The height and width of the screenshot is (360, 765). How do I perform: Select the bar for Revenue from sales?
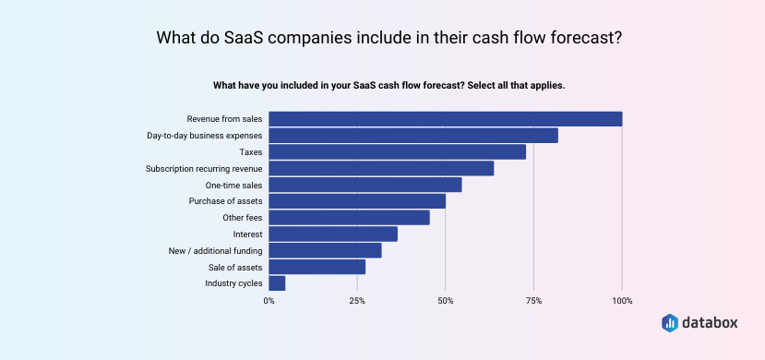446,119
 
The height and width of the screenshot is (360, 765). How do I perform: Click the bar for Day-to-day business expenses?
413,136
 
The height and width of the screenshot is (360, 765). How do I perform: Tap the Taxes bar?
397,151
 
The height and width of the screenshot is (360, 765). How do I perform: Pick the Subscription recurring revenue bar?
381,168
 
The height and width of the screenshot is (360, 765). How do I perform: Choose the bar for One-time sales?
365,185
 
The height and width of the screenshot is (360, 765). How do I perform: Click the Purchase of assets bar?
357,201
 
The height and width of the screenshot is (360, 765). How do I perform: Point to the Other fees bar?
349,218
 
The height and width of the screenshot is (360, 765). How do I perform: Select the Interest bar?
333,234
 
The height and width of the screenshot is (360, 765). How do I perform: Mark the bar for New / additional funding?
325,250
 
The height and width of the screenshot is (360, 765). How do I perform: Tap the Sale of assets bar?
317,267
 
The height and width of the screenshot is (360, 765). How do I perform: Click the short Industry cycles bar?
277,283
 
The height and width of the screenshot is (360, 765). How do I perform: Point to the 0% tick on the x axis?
269,301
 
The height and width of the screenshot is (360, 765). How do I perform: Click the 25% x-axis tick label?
357,301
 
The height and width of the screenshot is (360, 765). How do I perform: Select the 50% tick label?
446,301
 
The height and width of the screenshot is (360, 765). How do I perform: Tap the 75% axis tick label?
533,301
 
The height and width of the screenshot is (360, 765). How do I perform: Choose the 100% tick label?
622,301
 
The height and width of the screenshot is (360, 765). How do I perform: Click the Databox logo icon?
671,322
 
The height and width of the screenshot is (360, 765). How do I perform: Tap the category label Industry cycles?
233,283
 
